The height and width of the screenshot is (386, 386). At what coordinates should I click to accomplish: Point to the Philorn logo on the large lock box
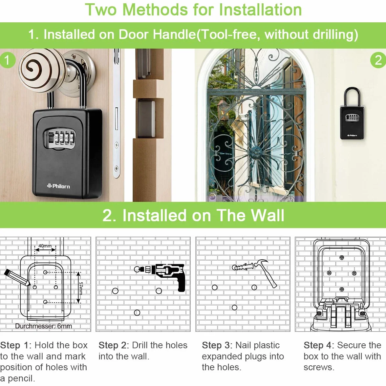point(58,186)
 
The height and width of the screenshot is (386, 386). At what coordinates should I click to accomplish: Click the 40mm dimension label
point(45,246)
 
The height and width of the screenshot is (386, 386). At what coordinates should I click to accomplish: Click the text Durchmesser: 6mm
point(43,326)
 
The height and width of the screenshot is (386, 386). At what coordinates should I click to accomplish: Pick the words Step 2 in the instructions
point(114,345)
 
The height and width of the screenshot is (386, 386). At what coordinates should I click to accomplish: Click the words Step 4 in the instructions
point(318,345)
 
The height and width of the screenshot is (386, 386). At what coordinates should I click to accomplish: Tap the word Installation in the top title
point(260,10)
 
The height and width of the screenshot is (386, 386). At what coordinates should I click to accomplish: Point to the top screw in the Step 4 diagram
point(342,258)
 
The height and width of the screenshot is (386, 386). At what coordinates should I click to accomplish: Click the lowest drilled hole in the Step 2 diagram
point(137,312)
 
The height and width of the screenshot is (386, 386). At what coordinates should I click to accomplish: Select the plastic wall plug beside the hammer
point(243,267)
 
